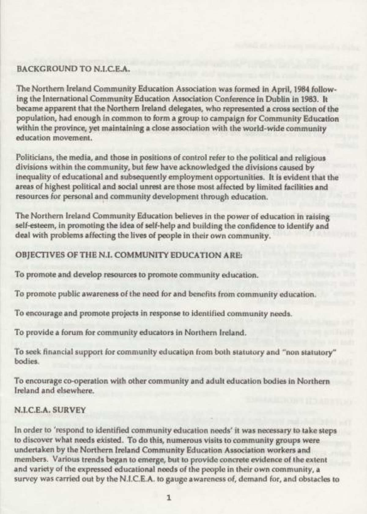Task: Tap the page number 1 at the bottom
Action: point(169,497)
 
